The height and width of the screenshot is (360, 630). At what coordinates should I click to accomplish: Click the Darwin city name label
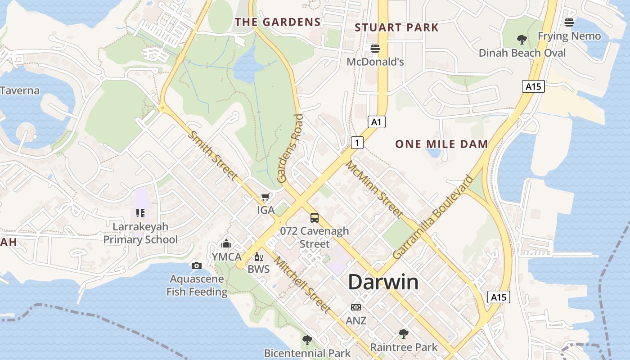click(x=383, y=282)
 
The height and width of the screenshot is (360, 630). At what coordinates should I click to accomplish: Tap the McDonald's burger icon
click(x=375, y=49)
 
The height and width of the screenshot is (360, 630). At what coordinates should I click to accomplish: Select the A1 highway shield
click(x=377, y=121)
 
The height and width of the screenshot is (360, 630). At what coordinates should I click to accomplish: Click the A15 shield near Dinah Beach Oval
click(x=533, y=86)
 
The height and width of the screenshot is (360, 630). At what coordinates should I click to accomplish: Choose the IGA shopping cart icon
click(x=265, y=197)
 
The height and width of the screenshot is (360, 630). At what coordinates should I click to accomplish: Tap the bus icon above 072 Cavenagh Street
click(x=315, y=218)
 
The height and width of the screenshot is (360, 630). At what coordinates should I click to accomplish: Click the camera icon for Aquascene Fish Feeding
click(x=196, y=265)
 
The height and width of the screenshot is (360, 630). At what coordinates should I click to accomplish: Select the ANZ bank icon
click(x=356, y=307)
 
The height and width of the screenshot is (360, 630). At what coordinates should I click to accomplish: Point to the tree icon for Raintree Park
click(x=404, y=334)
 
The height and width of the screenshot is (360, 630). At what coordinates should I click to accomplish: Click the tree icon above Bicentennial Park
click(x=307, y=340)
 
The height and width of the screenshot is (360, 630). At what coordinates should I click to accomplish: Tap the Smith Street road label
click(x=212, y=155)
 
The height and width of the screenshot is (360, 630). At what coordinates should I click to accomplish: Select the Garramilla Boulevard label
click(x=433, y=217)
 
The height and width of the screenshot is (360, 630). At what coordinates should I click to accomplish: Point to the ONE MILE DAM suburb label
click(x=441, y=144)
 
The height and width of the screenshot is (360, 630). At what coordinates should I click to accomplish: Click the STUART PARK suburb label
click(x=396, y=27)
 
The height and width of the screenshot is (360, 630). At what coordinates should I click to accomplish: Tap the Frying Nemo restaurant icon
click(x=569, y=22)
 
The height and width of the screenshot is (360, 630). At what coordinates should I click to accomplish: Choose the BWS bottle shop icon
click(x=258, y=257)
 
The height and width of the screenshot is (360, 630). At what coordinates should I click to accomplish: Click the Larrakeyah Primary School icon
click(x=140, y=213)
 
